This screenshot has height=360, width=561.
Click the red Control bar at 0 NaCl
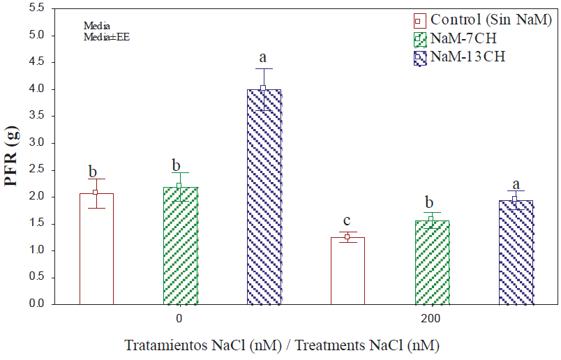pos(96,248)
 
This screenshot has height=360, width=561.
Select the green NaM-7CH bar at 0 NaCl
pos(180,246)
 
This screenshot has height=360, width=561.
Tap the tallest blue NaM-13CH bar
pos(264,197)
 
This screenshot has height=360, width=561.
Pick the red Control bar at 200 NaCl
pos(347,271)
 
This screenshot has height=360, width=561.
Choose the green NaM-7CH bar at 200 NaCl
pos(432,262)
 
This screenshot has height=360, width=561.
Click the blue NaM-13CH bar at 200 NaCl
pos(516,253)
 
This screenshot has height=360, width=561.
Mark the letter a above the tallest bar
pos(264,58)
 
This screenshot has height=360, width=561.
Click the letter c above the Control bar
pos(347,220)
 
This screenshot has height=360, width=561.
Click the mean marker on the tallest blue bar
pos(264,88)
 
